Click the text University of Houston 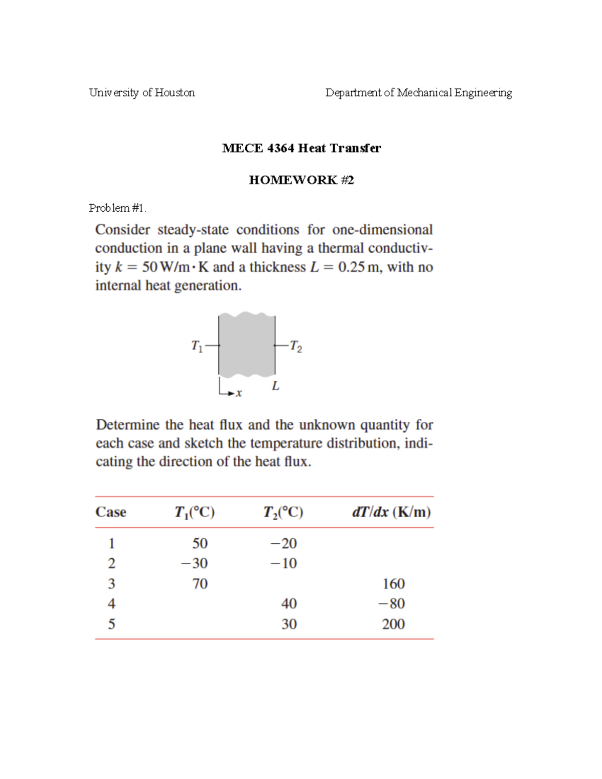[142, 93]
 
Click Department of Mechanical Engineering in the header [418, 93]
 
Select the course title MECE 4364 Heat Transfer [302, 148]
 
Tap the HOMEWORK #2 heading [302, 180]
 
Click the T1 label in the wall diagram [197, 346]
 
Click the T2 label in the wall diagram [296, 347]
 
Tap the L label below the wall [275, 386]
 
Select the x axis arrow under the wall [232, 393]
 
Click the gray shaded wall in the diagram [246, 345]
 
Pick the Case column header [111, 512]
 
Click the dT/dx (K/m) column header [391, 512]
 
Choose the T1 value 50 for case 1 [200, 544]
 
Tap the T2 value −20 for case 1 [283, 544]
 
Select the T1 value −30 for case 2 [194, 563]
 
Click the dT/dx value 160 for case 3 [393, 584]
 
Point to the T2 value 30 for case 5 [288, 624]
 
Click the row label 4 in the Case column [111, 603]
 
